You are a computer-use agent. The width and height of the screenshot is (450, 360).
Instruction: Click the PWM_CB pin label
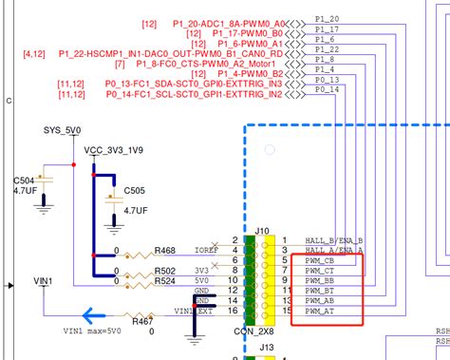(x=319, y=260)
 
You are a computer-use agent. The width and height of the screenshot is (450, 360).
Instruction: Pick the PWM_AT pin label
(x=319, y=311)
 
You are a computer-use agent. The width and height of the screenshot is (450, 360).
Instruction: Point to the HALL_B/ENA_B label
(x=334, y=240)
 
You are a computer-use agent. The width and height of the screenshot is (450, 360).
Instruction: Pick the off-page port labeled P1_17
(x=325, y=32)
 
